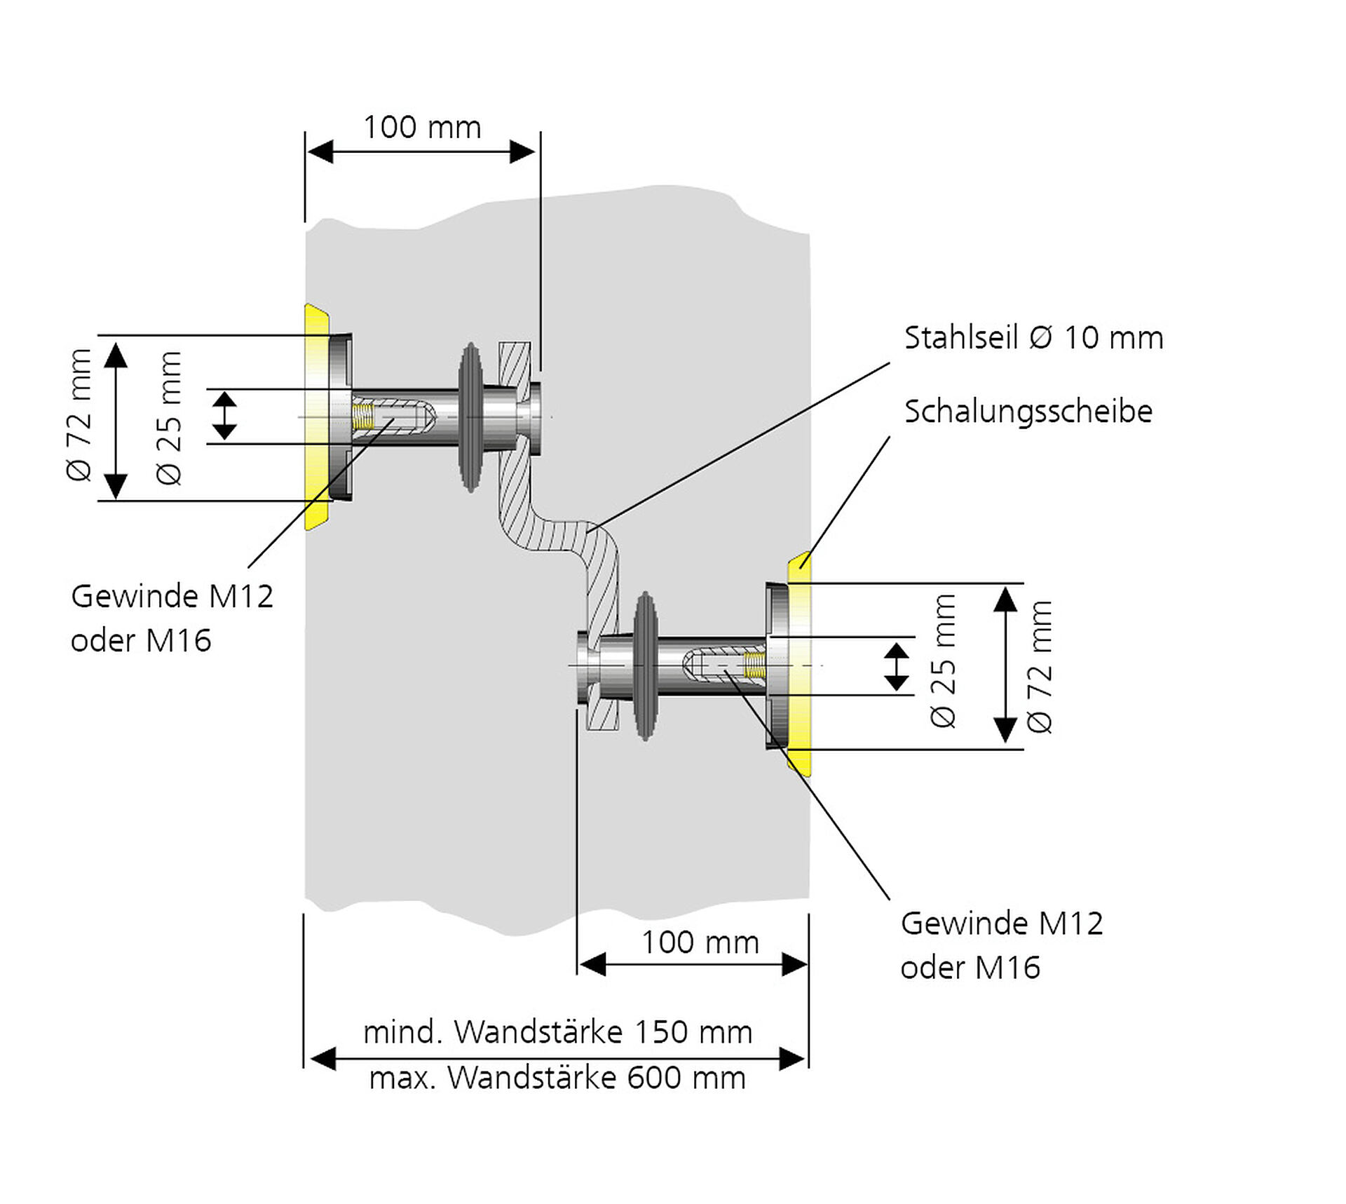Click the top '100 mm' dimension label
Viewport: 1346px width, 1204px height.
coord(422,128)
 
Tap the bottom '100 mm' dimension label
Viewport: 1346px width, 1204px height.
coord(700,942)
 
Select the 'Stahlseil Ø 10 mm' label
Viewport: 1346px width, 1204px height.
coord(1033,338)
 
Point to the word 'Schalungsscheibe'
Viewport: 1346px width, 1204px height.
coord(1028,412)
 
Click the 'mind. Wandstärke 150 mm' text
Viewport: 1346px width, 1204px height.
coord(557,1032)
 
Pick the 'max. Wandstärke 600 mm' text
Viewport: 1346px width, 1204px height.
coord(557,1078)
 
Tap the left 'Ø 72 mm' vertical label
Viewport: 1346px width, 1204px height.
coord(79,415)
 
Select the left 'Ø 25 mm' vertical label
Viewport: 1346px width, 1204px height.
coord(170,418)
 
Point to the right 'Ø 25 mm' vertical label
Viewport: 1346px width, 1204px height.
coord(944,661)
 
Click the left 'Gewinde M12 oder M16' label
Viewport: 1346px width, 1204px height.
coord(172,618)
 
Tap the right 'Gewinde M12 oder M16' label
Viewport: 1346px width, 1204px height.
coord(1001,945)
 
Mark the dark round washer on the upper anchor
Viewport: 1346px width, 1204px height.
coord(470,417)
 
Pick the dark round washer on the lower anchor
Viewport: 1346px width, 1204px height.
coord(645,665)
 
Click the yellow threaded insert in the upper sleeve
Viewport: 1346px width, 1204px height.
coord(362,416)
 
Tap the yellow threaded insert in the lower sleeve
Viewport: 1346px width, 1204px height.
coord(754,665)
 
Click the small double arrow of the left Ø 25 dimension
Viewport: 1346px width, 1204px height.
coord(224,416)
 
